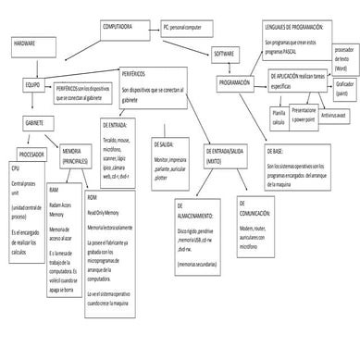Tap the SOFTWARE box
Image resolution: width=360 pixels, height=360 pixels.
pyautogui.click(x=225, y=55)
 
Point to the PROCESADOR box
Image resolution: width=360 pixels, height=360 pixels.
pyautogui.click(x=36, y=154)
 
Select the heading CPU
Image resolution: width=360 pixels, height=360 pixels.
pyautogui.click(x=16, y=169)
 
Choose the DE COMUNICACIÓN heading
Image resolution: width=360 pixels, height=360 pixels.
pyautogui.click(x=254, y=212)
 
